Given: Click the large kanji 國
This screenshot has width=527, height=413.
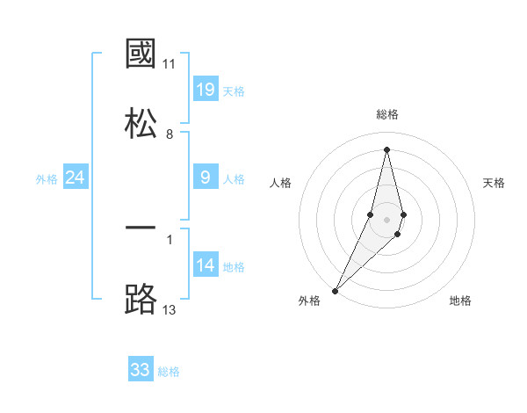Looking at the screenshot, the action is (141, 54).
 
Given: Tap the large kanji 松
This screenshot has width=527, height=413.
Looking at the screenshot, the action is (141, 120).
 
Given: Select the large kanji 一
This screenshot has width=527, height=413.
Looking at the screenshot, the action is (141, 228).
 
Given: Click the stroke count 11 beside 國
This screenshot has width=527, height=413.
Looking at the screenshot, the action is (170, 64).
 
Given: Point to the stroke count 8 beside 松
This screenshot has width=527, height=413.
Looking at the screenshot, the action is (170, 134).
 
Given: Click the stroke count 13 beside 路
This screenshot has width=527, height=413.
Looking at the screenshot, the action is (170, 308).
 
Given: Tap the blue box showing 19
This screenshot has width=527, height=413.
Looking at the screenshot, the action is (206, 89).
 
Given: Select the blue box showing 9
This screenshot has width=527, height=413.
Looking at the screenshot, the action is (206, 178).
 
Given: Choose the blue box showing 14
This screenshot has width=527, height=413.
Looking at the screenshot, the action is (206, 265).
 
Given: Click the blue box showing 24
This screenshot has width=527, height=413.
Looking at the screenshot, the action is (76, 178).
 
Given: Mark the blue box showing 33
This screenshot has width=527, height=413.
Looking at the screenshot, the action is (141, 370).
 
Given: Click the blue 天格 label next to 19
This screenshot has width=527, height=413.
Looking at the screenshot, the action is (234, 91).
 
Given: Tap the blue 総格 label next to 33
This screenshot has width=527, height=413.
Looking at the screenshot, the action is (169, 372).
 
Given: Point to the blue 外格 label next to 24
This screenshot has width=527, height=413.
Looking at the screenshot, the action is (47, 179).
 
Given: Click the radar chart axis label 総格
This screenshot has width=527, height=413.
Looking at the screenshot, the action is (387, 114).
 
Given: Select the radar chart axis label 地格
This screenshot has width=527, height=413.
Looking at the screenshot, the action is (460, 301).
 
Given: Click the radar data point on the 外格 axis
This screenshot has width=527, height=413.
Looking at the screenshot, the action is (336, 290).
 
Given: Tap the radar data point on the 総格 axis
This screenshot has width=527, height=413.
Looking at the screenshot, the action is (386, 149).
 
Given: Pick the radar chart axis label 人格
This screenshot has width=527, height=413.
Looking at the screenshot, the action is (280, 183).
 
